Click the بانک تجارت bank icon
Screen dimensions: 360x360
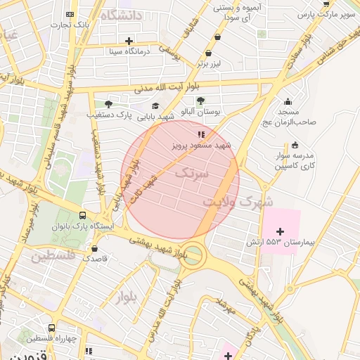coord(69,14)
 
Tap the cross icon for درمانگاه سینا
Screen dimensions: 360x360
coord(129,40)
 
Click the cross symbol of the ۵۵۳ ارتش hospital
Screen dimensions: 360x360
coord(281,231)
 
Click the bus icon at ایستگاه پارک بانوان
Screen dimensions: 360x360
coord(83,216)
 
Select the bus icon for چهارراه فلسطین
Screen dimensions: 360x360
coord(51,328)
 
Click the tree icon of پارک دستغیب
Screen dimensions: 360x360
coord(108,103)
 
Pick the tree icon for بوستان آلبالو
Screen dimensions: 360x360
coord(200,101)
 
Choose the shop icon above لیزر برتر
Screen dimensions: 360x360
coord(208,53)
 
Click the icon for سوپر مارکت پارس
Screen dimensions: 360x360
coord(326,4)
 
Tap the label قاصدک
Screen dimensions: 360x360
coord(96,259)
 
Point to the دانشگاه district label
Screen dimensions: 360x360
coord(121,15)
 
